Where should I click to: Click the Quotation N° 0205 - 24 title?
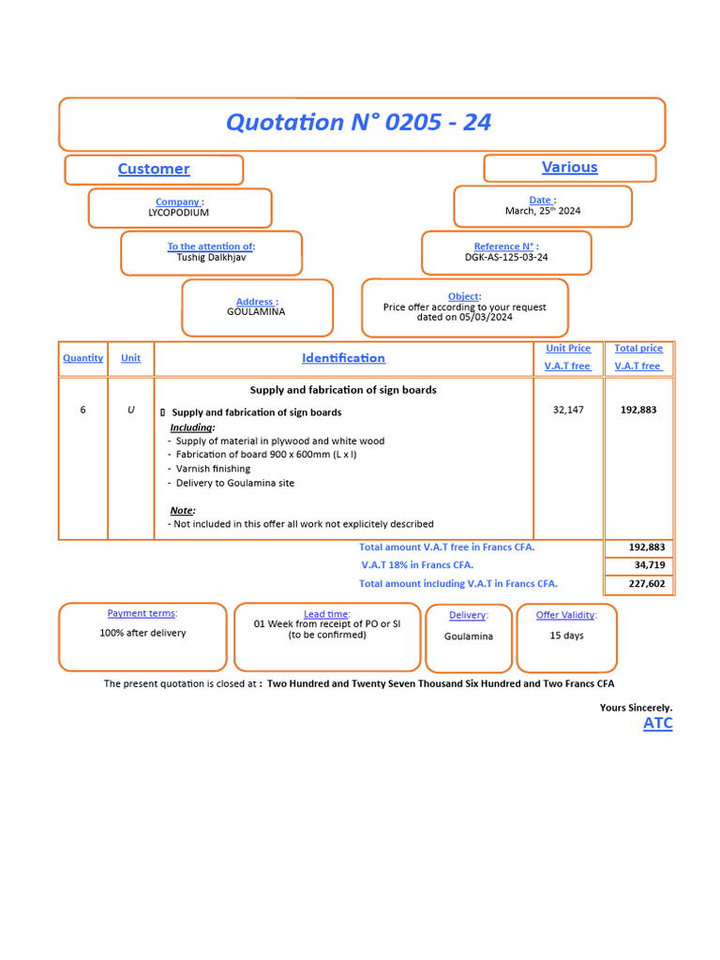coord(359,122)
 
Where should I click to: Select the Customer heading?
coord(154,169)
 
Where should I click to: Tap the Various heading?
coord(569,167)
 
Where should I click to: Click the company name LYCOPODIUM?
coord(178,213)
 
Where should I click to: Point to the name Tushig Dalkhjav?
coord(211,257)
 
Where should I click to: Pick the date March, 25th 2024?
coord(543,211)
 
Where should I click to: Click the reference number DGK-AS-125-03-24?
coord(506,257)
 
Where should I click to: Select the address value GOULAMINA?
coord(256,311)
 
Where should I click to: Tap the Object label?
coord(464,296)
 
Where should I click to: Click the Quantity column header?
coord(82,358)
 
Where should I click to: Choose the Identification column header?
coord(343,358)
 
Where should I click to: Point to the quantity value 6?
coord(82,410)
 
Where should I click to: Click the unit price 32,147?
coord(568,410)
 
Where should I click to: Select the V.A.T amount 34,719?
coord(649,565)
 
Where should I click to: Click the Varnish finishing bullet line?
coord(213,468)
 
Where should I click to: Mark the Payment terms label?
coord(142,613)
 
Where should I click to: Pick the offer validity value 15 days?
coord(566,636)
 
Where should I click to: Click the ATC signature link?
coord(657,723)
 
